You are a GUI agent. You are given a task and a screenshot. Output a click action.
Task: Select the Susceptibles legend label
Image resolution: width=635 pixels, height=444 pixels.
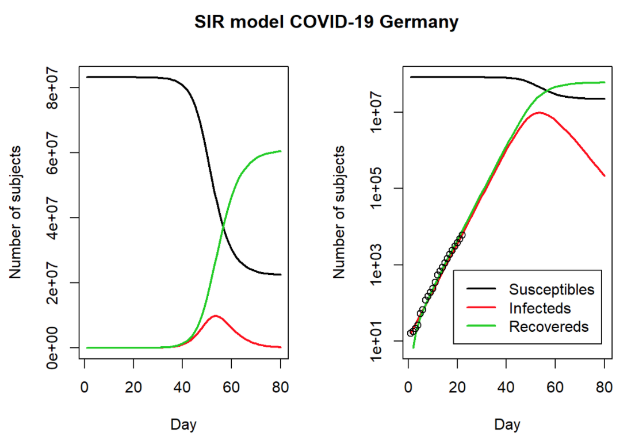click(x=551, y=289)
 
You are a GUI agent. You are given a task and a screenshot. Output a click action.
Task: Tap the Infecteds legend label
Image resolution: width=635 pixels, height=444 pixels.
click(x=540, y=308)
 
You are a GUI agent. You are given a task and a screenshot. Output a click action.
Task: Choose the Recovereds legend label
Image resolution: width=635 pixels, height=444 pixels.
click(x=549, y=327)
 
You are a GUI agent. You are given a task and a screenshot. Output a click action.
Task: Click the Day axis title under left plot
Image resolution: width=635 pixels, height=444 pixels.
click(x=183, y=425)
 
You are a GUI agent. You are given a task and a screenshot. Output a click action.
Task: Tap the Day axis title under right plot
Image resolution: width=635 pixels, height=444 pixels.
click(x=507, y=425)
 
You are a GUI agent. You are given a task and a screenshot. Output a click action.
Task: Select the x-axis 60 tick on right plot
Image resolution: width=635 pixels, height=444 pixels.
click(x=555, y=387)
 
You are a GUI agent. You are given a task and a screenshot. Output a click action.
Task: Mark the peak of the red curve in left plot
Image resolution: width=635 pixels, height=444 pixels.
click(x=215, y=316)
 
